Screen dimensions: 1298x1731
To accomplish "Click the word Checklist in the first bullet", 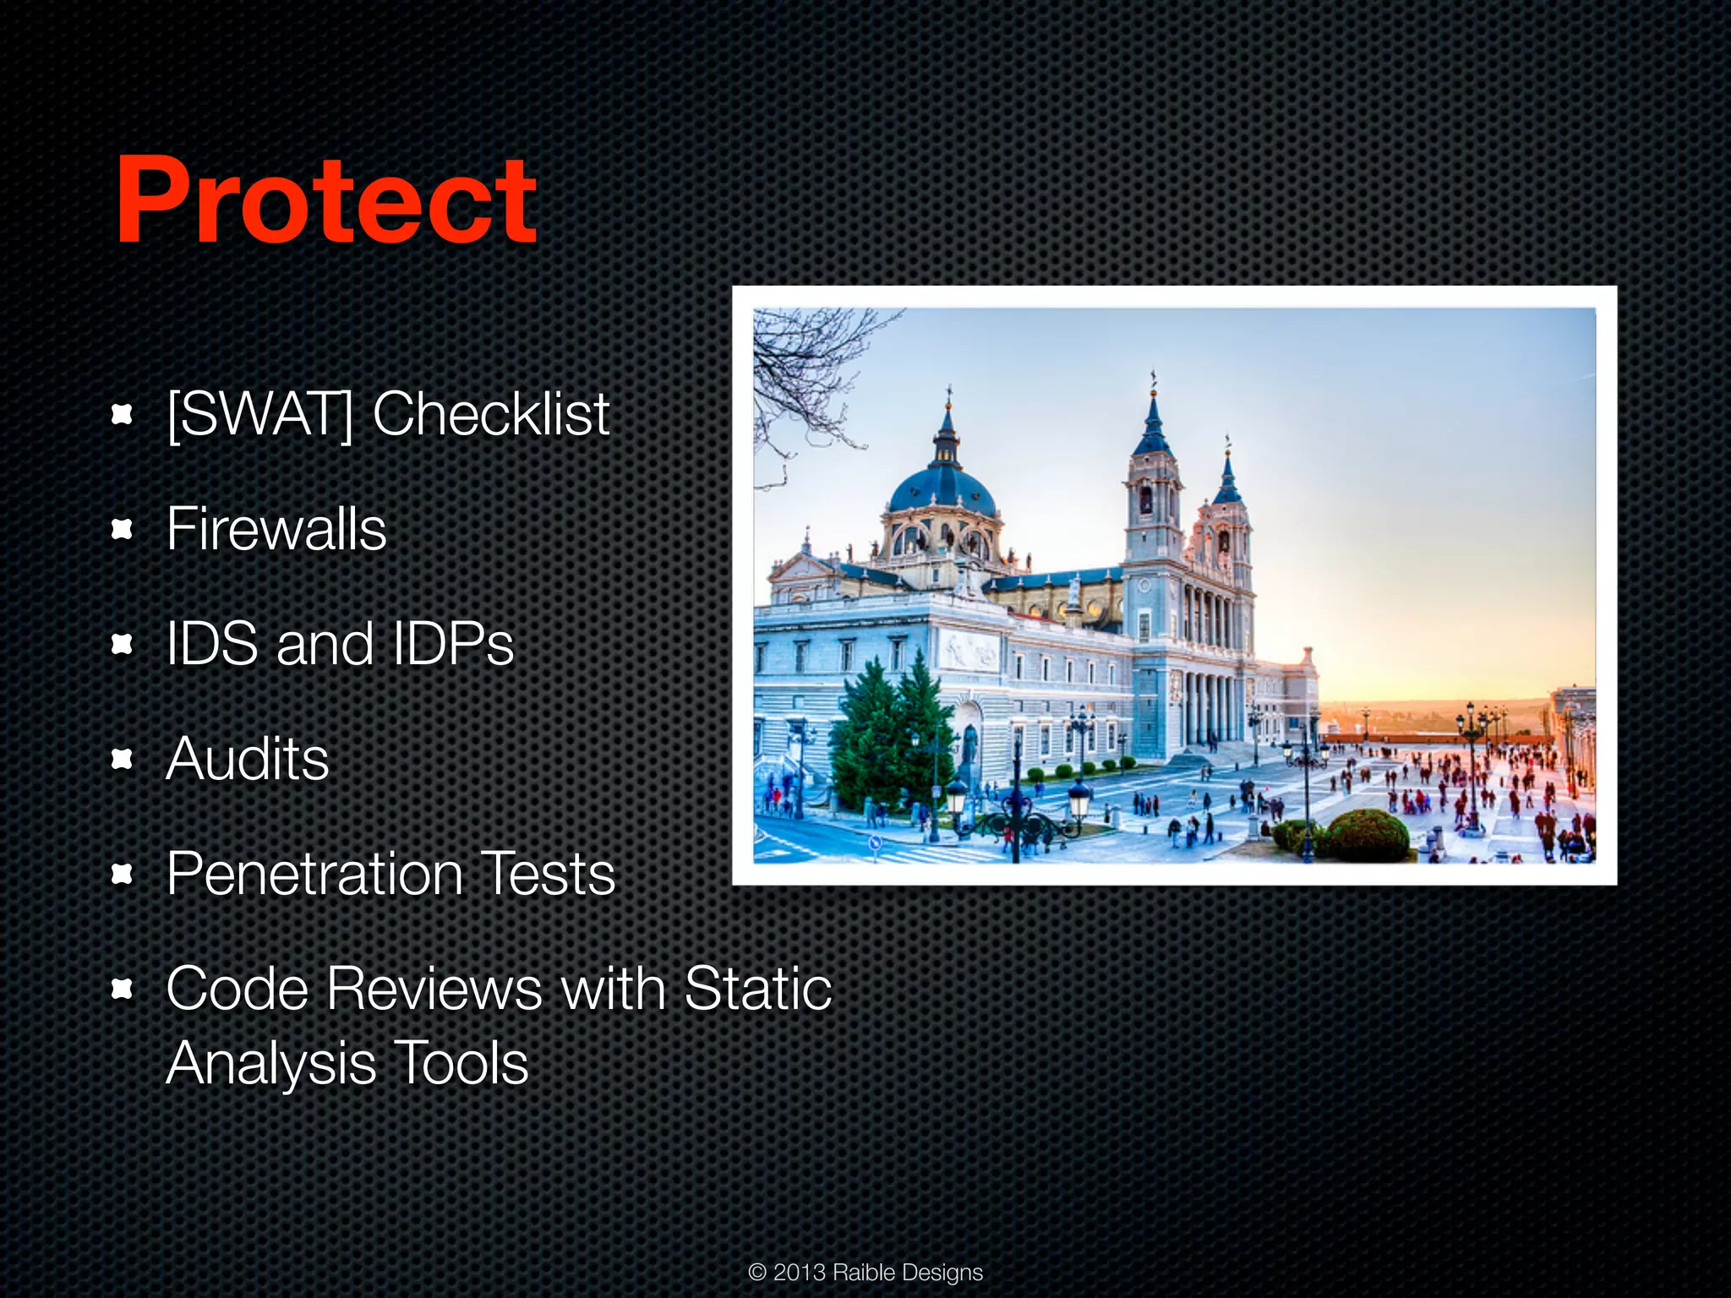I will point(490,414).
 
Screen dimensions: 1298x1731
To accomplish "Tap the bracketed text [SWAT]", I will point(259,414).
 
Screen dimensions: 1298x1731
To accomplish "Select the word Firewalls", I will point(276,530).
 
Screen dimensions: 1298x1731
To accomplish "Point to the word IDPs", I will point(452,644).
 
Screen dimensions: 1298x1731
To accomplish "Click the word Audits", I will point(247,759).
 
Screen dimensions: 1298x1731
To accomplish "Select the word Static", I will point(758,989).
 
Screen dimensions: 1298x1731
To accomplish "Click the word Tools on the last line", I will point(461,1063).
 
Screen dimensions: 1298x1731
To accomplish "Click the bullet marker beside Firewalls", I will point(123,530).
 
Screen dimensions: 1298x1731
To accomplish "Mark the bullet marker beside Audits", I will point(123,760).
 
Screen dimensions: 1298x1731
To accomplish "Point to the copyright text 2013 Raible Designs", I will point(865,1272).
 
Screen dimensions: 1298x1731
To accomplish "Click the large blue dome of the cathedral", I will point(941,490).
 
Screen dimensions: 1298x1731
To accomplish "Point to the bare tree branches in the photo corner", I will point(803,363).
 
